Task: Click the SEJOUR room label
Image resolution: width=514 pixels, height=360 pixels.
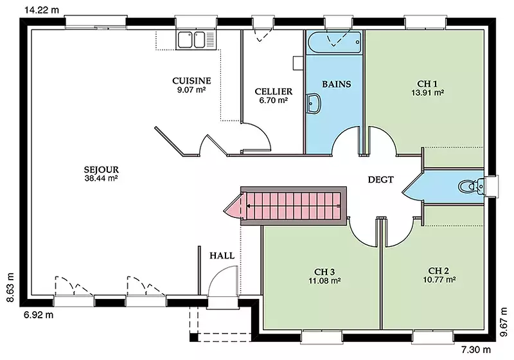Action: [x=102, y=170]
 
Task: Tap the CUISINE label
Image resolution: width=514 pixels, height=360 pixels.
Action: [x=191, y=80]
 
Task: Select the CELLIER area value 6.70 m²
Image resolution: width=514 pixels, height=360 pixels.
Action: [x=274, y=100]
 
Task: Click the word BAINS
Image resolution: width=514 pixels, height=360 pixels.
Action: [x=337, y=84]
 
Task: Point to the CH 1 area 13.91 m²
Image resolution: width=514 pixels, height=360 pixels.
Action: [x=428, y=93]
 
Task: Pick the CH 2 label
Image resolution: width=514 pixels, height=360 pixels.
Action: [x=439, y=271]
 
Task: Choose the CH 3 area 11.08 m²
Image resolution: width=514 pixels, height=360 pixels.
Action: [x=324, y=281]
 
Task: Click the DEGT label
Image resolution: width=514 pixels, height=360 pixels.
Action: [x=380, y=179]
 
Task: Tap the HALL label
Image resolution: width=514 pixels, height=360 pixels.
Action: [x=222, y=255]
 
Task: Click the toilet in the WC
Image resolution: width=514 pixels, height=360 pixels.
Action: [x=471, y=186]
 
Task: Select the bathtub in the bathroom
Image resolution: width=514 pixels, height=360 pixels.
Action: [x=334, y=42]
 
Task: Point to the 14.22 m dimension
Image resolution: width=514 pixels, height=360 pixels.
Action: [x=42, y=10]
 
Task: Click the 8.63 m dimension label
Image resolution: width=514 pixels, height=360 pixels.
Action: [x=11, y=287]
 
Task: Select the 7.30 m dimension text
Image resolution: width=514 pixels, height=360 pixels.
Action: [x=476, y=350]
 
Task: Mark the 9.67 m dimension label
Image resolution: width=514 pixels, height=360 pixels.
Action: [x=503, y=322]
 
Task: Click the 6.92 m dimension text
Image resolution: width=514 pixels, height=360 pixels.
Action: [x=39, y=315]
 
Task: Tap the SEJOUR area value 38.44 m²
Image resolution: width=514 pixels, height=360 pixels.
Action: [x=102, y=178]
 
